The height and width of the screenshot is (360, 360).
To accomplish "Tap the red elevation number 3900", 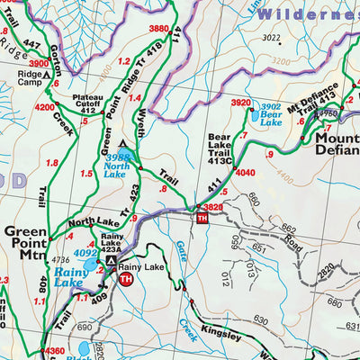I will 13,64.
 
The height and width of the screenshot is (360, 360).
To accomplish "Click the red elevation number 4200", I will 44,106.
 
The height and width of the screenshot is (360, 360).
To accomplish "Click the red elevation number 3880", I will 158,29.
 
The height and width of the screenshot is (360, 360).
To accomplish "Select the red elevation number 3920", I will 240,103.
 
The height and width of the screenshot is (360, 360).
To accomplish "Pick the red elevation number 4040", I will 246,173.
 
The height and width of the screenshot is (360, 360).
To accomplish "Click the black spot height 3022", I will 270,38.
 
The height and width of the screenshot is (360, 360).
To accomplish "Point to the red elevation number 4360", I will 53,351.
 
